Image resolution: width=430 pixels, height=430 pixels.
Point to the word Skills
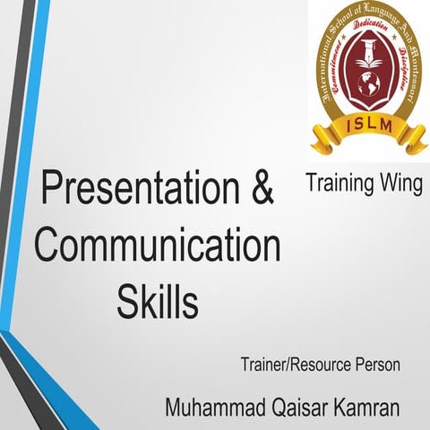tap(157, 300)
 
